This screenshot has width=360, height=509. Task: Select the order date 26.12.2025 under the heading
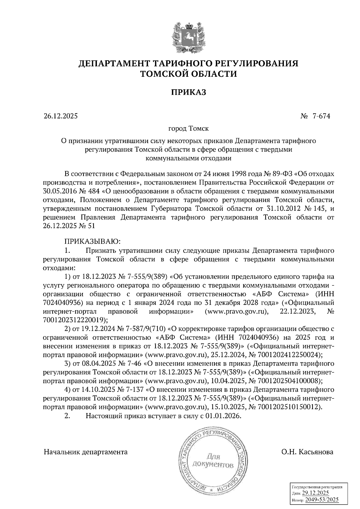(x=60, y=116)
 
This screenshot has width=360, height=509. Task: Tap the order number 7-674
(x=321, y=116)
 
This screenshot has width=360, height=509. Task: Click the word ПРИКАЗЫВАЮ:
(x=92, y=241)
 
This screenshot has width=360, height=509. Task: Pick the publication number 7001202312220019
(x=75, y=320)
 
